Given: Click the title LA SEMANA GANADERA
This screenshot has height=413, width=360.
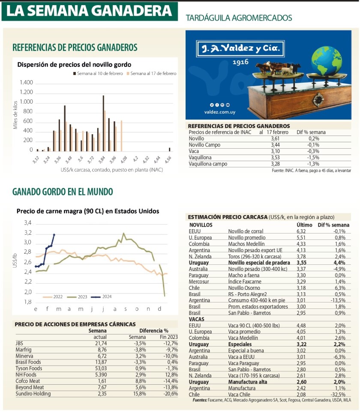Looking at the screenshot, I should (x=89, y=12).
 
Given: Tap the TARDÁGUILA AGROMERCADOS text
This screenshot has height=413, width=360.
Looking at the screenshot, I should (x=239, y=18).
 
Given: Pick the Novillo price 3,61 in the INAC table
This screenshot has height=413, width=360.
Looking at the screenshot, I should (x=275, y=139).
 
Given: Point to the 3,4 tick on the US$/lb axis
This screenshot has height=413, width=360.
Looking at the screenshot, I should (x=27, y=223).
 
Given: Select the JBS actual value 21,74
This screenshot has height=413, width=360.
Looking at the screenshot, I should (x=100, y=343).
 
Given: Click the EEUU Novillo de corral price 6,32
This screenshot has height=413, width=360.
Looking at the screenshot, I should (x=301, y=231).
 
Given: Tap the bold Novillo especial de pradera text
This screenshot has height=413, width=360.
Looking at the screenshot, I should (x=258, y=262).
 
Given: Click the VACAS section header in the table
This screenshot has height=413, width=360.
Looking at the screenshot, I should (x=197, y=319).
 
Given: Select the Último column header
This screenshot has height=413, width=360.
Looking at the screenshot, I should (x=304, y=225).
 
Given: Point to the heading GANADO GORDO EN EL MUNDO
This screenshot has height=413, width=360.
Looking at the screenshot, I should (x=63, y=192).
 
